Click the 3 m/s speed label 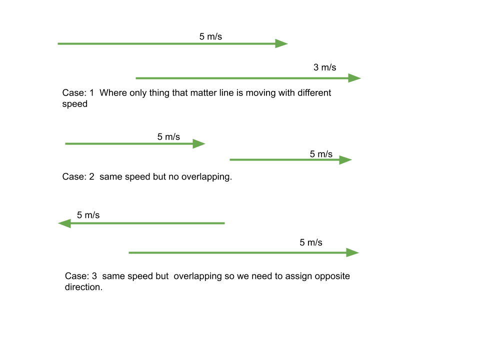point(324,67)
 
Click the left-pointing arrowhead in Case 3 point(64,223)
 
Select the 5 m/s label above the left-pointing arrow point(88,215)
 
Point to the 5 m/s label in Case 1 point(210,36)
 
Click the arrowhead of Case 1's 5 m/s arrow point(281,43)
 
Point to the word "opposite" point(332,276)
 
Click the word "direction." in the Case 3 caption point(83,287)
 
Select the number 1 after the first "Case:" point(91,93)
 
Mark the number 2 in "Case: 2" point(91,176)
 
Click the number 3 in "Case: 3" point(94,276)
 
